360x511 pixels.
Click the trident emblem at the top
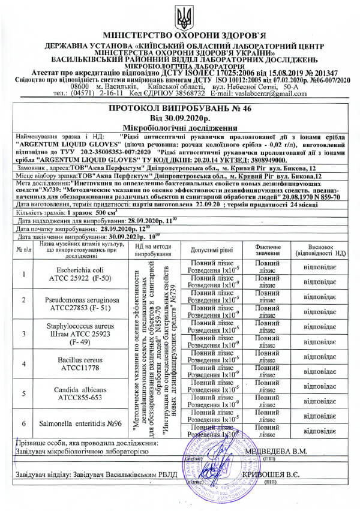click(180, 16)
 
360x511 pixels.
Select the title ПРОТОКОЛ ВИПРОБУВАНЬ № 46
click(180, 110)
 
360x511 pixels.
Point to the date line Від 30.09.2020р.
click(180, 119)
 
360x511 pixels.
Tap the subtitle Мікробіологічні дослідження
click(180, 128)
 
